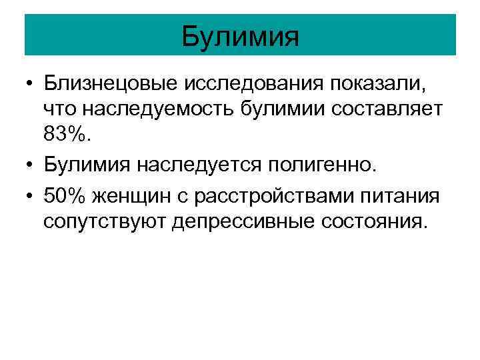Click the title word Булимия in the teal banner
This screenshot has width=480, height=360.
click(x=240, y=36)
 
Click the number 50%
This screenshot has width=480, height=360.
click(x=65, y=196)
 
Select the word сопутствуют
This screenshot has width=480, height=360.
click(x=104, y=220)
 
